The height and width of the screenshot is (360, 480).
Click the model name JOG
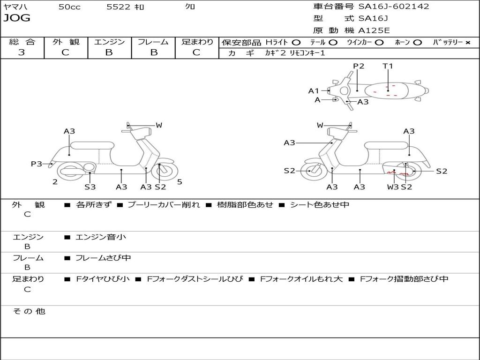pos(17,18)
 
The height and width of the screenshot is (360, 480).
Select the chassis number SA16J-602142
pos(394,7)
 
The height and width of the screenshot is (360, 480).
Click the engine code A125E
pos(374,31)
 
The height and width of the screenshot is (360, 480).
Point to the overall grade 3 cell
pos(22,52)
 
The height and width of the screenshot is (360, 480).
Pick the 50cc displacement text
pos(69,7)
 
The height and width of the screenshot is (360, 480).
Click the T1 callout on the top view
pos(388,66)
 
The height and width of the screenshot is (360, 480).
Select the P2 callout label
pos(359,66)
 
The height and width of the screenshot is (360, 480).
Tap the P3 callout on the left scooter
pos(37,164)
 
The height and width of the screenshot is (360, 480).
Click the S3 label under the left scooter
pos(90,187)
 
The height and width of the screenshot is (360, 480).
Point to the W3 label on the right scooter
pos(393,187)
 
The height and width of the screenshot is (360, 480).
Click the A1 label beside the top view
pos(314,91)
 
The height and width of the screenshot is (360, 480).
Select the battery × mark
pos(467,42)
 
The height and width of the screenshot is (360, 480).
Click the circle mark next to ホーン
pos(417,42)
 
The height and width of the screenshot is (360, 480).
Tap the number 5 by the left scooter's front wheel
pos(180,182)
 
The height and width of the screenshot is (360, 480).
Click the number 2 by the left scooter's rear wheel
pos(55,182)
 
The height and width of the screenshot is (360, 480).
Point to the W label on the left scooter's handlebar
pos(159,125)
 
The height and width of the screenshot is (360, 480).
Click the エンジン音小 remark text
pos(101,237)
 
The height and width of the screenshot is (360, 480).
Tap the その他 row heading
pos(29,311)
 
